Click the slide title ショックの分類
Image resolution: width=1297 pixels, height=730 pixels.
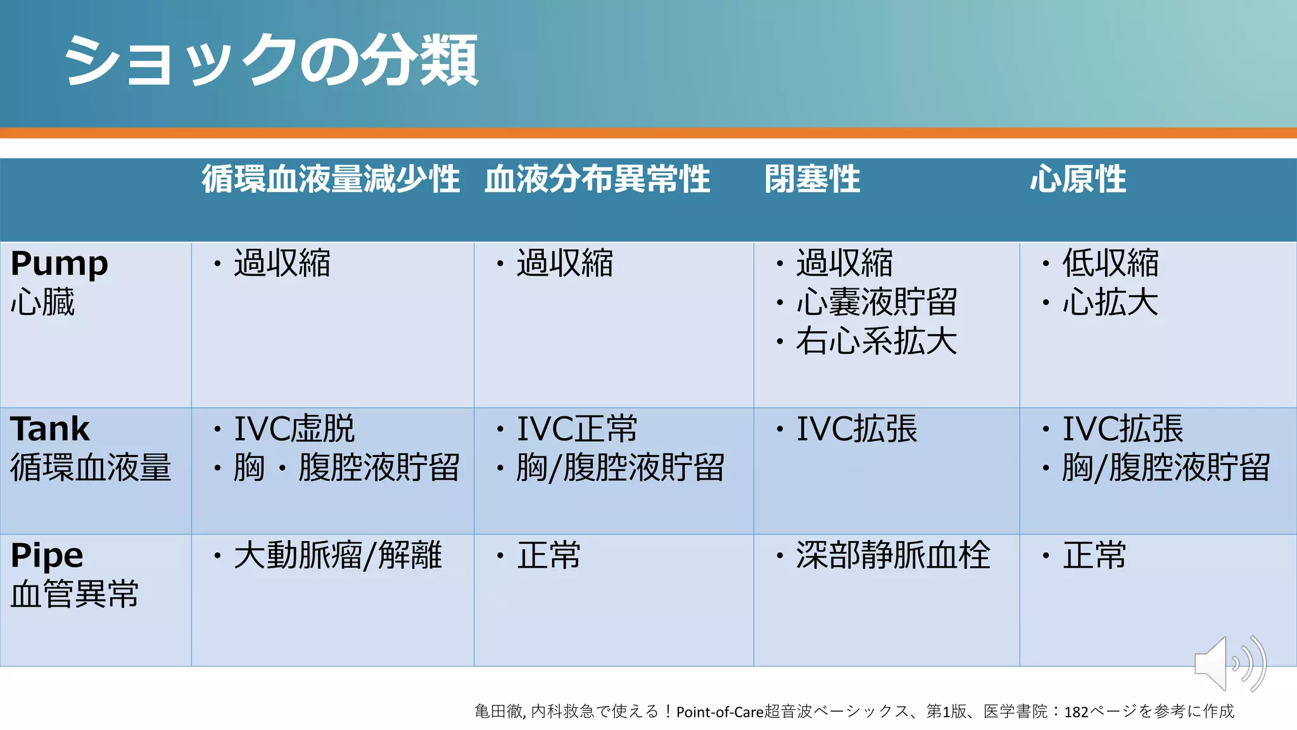(x=270, y=60)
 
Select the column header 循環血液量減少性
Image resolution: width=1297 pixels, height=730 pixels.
(x=331, y=179)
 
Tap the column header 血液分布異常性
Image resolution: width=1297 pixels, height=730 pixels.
(x=597, y=179)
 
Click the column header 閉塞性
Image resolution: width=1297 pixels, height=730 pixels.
(x=812, y=179)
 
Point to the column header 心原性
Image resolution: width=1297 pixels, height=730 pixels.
(x=1078, y=179)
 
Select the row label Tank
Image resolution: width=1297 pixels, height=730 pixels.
(x=50, y=429)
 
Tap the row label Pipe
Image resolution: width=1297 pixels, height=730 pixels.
(x=47, y=556)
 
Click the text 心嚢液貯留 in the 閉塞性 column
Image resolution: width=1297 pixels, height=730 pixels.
(x=876, y=302)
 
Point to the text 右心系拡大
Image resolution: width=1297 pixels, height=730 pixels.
(x=876, y=342)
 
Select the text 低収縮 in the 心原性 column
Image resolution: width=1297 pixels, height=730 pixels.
(x=1110, y=263)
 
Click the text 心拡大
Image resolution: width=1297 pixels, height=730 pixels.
(x=1110, y=302)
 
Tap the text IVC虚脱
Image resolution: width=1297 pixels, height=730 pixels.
(x=294, y=429)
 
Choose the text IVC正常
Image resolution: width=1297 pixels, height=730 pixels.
(x=577, y=429)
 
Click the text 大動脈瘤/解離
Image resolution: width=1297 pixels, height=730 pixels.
(x=338, y=556)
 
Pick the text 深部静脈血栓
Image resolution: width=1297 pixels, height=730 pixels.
(x=893, y=556)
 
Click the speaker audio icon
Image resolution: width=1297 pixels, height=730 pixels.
(x=1229, y=664)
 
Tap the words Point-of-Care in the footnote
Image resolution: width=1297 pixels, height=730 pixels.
(x=720, y=712)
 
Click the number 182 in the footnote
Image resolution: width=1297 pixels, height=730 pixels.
(x=1076, y=712)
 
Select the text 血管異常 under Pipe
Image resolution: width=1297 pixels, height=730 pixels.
(x=75, y=594)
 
